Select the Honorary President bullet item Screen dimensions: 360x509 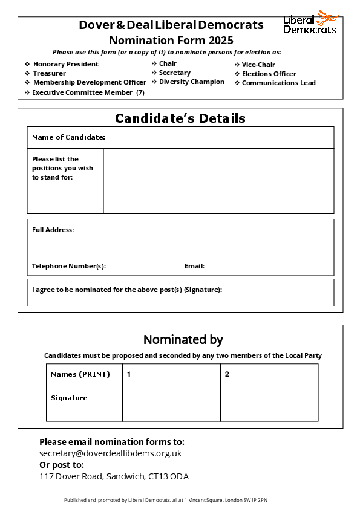pyautogui.click(x=65, y=64)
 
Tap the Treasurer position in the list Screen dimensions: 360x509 pyautogui.click(x=50, y=73)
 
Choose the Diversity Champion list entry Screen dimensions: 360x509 pyautogui.click(x=191, y=82)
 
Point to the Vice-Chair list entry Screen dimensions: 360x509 pyautogui.click(x=258, y=65)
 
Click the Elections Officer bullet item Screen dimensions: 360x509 pyautogui.click(x=269, y=74)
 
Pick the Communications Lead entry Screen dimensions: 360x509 pyautogui.click(x=278, y=83)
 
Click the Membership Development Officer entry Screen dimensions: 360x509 pyautogui.click(x=90, y=82)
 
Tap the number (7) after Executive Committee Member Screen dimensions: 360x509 pyautogui.click(x=140, y=92)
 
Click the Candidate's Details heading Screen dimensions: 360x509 pyautogui.click(x=180, y=118)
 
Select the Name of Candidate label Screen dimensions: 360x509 pyautogui.click(x=68, y=137)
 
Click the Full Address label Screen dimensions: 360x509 pyautogui.click(x=53, y=230)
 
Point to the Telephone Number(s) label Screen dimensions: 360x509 pyautogui.click(x=69, y=266)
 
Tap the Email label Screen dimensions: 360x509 pyautogui.click(x=194, y=266)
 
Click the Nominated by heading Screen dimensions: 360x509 pyautogui.click(x=183, y=339)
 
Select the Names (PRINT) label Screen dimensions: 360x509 pyautogui.click(x=80, y=374)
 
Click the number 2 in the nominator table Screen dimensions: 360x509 pyautogui.click(x=227, y=374)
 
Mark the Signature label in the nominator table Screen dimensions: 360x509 pyautogui.click(x=69, y=398)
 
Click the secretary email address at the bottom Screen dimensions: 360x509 pyautogui.click(x=110, y=453)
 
